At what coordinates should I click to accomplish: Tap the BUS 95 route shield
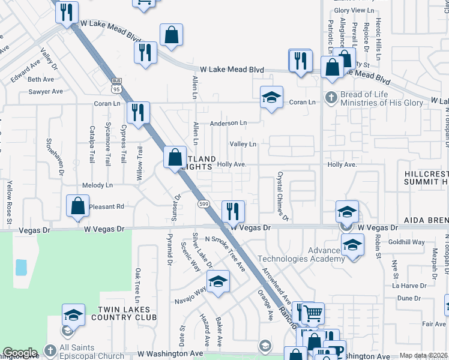tap(116, 85)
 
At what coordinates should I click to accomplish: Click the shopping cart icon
tap(313, 313)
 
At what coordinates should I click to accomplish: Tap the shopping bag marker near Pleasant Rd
tap(78, 206)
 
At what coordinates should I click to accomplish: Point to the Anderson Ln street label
tap(228, 123)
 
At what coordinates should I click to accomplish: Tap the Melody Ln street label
tap(97, 185)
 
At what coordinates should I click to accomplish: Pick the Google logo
tap(20, 353)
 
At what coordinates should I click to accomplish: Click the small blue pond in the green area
tap(21, 267)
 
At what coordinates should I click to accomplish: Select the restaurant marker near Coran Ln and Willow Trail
tap(138, 112)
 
